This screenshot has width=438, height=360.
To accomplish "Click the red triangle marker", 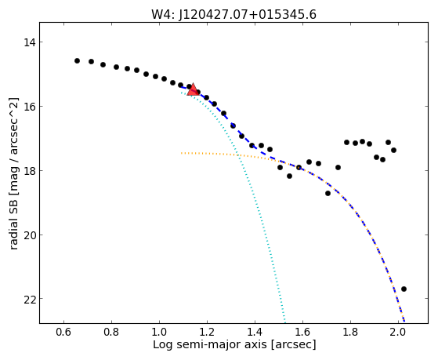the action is point(193,89).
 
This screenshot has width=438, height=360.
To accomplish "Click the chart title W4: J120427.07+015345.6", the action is point(233,14).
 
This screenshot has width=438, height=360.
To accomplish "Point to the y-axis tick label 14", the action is point(29,42).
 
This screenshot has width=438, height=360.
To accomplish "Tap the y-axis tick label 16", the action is point(29,107).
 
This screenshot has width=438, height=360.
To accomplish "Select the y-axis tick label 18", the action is point(29,171).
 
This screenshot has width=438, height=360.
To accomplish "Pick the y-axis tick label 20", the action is point(29,235).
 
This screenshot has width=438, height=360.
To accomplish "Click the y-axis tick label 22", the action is point(29,299).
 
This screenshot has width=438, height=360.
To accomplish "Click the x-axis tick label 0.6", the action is point(63,333).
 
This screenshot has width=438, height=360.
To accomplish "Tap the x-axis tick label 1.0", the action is point(159,333).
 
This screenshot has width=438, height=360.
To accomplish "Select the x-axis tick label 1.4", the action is point(255,333).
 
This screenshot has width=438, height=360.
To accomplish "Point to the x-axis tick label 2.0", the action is point(398,333).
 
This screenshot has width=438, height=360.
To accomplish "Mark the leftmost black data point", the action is point(77,60).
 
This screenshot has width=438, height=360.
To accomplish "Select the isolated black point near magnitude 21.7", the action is point(404,289).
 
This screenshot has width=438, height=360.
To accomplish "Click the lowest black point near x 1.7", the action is point(328,193).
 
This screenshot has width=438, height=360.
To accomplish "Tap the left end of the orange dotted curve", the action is point(182,153).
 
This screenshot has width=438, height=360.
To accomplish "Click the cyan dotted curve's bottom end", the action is point(285,322).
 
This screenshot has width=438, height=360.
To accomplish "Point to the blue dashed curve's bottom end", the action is point(404,321).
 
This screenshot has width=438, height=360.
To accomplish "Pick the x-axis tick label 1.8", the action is point(350,333).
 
